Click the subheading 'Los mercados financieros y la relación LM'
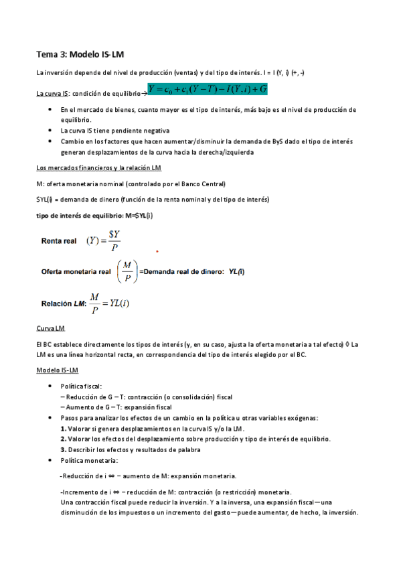(x=98, y=167)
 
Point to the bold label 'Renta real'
(x=59, y=240)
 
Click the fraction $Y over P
(x=114, y=240)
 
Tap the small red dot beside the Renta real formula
(x=157, y=252)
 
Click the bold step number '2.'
(x=63, y=439)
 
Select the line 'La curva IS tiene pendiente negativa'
(x=115, y=131)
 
